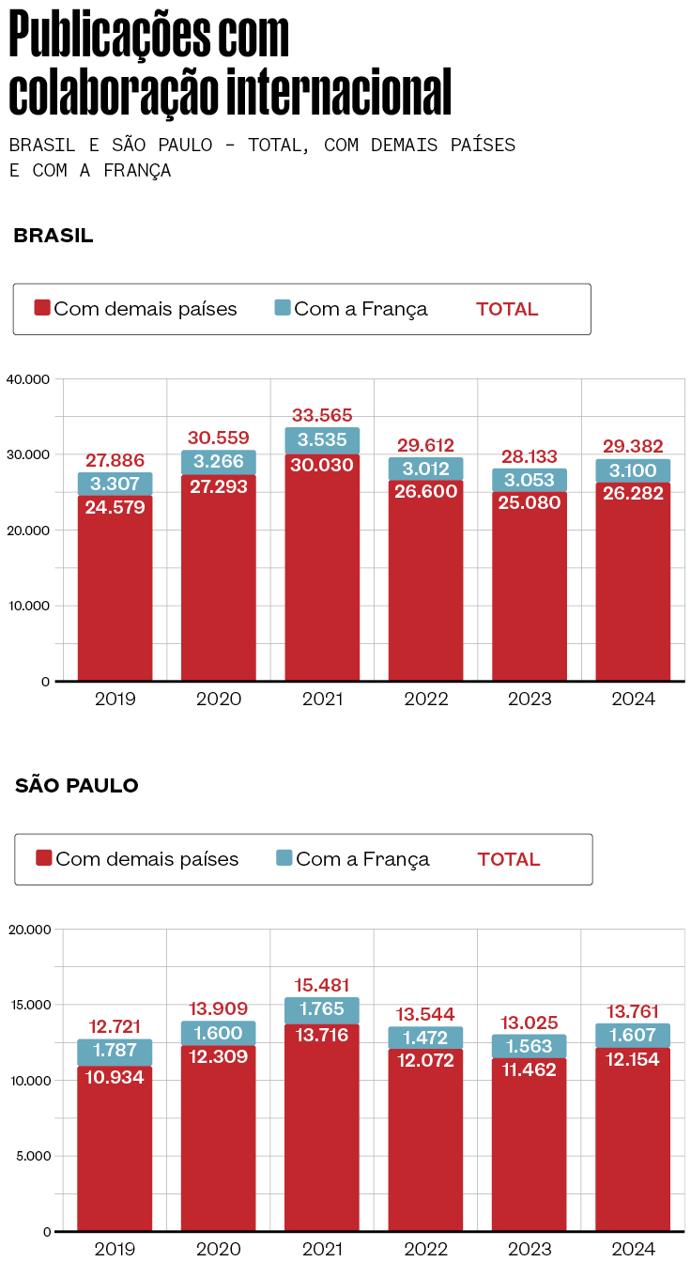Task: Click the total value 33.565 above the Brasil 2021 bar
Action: point(322,415)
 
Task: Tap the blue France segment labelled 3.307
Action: point(115,485)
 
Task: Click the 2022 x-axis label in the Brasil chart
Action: point(426,700)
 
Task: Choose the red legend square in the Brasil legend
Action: point(42,308)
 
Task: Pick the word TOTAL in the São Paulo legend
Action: point(509,859)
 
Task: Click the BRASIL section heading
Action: point(54,236)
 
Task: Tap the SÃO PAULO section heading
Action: point(77,786)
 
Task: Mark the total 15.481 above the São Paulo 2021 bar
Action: point(322,985)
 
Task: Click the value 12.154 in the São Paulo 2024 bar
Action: point(633,1059)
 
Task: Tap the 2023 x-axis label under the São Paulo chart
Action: point(530,1250)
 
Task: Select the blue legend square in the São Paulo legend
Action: point(284,858)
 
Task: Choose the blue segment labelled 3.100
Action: point(633,470)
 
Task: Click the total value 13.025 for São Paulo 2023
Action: point(530,1023)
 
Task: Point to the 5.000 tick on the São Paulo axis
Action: point(32,1156)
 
